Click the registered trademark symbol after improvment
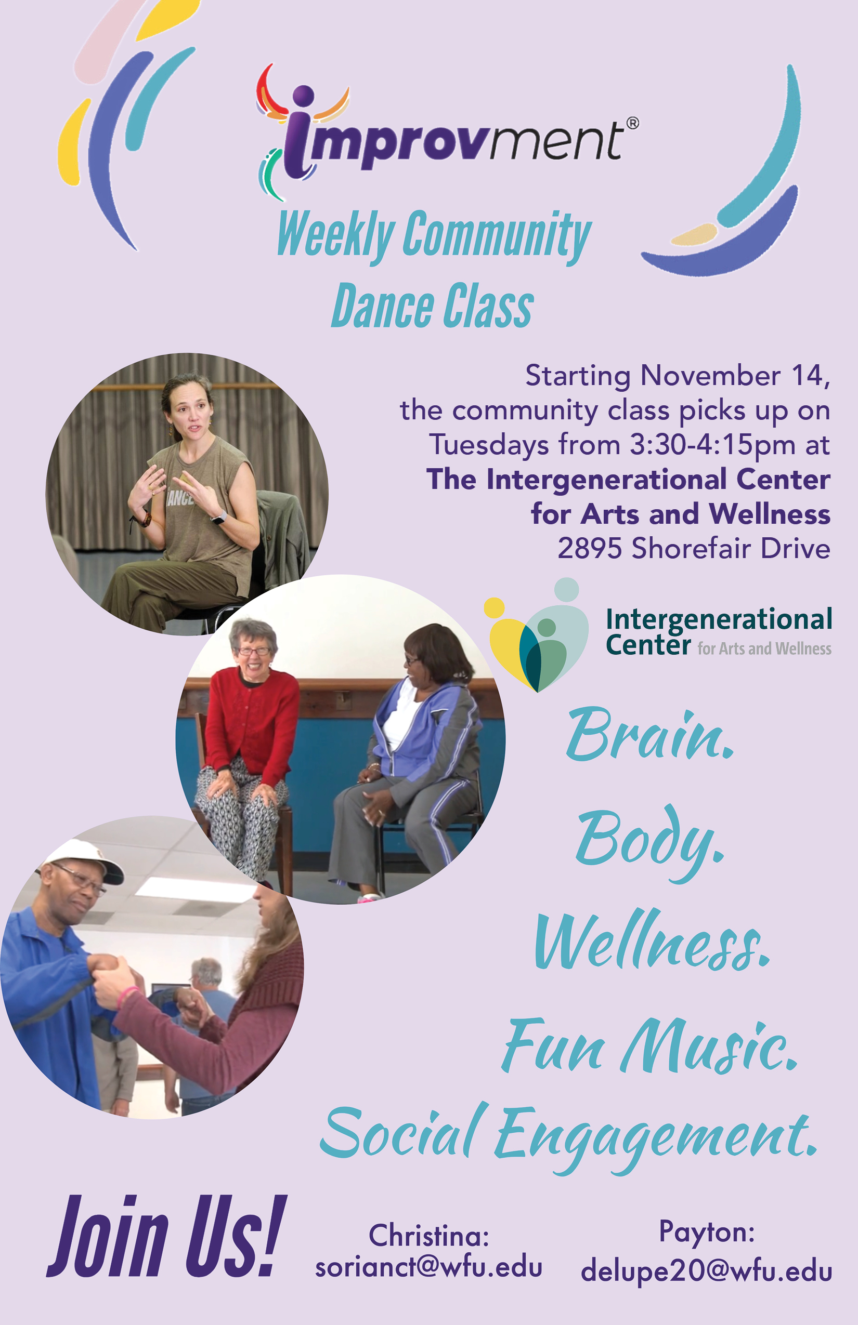pyautogui.click(x=632, y=123)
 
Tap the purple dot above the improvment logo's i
pyautogui.click(x=303, y=95)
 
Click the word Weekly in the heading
pyautogui.click(x=336, y=235)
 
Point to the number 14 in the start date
pyautogui.click(x=810, y=375)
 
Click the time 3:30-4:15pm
pyautogui.click(x=712, y=445)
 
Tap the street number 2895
pyautogui.click(x=590, y=548)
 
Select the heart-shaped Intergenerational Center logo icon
pyautogui.click(x=537, y=635)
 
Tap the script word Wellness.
pyautogui.click(x=652, y=941)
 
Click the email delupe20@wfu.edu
pyautogui.click(x=707, y=1271)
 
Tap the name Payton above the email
pyautogui.click(x=707, y=1232)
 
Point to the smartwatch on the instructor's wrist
pyautogui.click(x=219, y=517)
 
